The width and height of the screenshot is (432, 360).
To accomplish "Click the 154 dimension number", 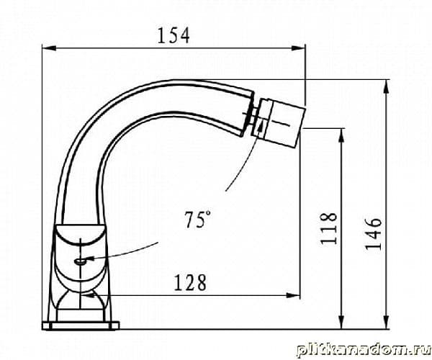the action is click(x=174, y=35).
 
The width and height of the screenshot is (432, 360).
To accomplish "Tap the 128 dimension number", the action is click(x=190, y=282).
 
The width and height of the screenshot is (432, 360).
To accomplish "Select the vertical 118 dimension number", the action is click(x=329, y=228).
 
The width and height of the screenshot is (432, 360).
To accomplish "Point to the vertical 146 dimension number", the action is click(x=373, y=233).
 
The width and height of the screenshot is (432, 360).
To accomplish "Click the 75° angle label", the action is click(x=197, y=220).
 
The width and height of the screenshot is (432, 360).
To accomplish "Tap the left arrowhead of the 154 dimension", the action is click(x=49, y=48).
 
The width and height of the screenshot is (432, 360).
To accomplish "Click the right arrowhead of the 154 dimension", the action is click(x=298, y=48).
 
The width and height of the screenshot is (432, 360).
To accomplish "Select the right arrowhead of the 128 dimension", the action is click(x=293, y=295).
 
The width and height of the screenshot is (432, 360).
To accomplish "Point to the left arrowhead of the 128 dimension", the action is click(x=89, y=295).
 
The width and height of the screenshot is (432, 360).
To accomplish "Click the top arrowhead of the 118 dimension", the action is click(x=341, y=135).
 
